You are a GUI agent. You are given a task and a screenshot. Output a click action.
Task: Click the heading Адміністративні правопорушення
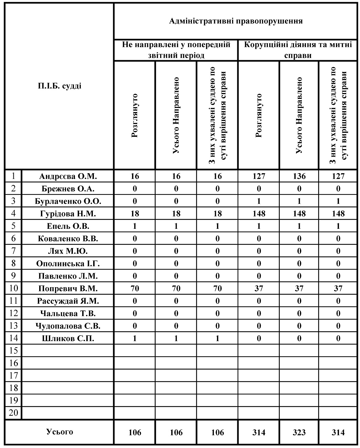coord(236,21)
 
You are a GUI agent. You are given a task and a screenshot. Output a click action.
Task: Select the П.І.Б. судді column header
coord(59,86)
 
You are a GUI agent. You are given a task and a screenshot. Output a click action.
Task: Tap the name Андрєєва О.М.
coord(68,177)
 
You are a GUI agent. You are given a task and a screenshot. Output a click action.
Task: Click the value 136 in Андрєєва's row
coord(299,177)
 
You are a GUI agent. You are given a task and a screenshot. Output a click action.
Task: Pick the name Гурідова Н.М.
coord(68,214)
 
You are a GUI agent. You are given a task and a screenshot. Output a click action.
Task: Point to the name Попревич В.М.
coord(68,288)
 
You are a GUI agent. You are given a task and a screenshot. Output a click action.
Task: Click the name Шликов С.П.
coord(68,338)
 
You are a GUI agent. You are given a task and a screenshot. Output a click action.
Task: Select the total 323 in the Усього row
coord(299,433)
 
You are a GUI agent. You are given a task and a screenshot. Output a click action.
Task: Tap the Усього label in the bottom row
coord(59,432)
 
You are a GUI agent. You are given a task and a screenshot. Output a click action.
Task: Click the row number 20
coord(13,413)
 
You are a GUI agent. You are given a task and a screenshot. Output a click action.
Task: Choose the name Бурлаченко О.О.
coord(68,201)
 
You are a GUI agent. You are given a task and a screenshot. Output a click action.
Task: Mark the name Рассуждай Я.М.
coord(68,301)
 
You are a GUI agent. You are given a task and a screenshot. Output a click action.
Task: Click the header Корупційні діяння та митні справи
coord(298,50)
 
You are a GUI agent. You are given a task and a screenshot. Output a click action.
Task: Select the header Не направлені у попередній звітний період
coord(176,50)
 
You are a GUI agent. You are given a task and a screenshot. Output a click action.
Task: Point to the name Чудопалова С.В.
coord(68,326)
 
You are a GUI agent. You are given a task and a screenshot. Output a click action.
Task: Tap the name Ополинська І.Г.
coord(68,264)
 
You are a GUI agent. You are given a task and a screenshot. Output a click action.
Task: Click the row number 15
coord(13,351)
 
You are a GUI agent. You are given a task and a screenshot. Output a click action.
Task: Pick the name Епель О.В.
coord(68,226)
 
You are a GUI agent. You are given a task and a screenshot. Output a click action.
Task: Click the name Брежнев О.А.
coord(68,189)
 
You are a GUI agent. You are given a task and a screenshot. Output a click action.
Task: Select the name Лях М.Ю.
coord(68,251)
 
